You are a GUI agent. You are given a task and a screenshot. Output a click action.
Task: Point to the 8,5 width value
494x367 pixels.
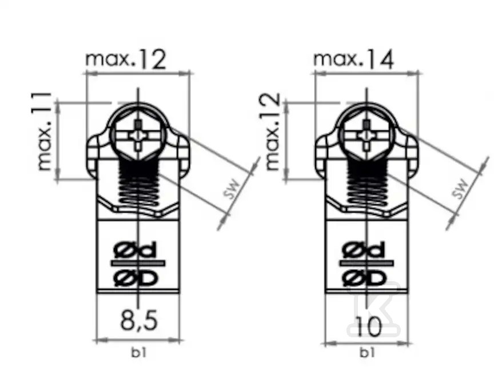(138, 321)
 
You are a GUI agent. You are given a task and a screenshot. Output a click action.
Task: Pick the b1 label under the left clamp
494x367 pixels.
(138, 353)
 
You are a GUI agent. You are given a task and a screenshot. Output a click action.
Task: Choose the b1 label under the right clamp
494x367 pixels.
(367, 353)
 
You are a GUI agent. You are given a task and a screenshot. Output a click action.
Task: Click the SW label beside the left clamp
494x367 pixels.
(232, 189)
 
